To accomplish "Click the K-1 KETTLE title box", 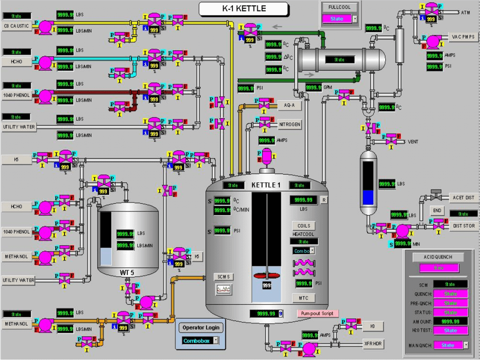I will [x=243, y=8].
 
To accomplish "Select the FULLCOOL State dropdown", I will [x=339, y=19].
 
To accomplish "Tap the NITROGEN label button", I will [x=289, y=125].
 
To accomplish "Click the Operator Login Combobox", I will [x=201, y=341].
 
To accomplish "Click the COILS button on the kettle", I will [x=303, y=226].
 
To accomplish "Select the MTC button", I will [x=303, y=298].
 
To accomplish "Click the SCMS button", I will [x=223, y=277].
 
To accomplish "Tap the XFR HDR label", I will [x=373, y=344].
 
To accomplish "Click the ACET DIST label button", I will [x=463, y=198].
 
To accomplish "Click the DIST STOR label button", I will [x=463, y=226].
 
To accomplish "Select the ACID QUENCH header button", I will [x=438, y=257].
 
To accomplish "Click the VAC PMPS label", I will [x=463, y=37].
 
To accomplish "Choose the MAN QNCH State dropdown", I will [x=450, y=345].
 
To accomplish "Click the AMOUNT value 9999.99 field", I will [x=450, y=322].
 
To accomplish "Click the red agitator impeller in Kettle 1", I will [x=266, y=276].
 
